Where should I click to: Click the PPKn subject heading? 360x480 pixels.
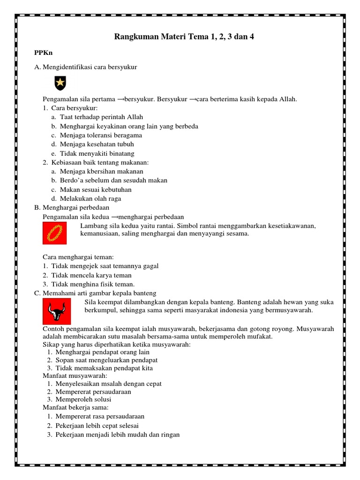pos(43,53)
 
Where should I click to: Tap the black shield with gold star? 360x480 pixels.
pos(60,83)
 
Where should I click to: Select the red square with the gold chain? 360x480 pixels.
pos(55,233)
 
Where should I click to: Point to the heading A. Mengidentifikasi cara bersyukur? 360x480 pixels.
pos(86,67)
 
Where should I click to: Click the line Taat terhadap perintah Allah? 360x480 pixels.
pos(101,117)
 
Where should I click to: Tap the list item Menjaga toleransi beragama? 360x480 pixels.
pos(101,135)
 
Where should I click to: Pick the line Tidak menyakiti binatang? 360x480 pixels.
pos(97,153)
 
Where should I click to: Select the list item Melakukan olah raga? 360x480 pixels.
pos(90,199)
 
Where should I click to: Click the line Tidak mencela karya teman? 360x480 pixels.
pos(91,275)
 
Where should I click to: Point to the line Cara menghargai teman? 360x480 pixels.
pos(78,257)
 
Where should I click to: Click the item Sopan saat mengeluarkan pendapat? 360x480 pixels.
pos(106,360)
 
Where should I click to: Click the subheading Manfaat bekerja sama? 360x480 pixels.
pos(76,407)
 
